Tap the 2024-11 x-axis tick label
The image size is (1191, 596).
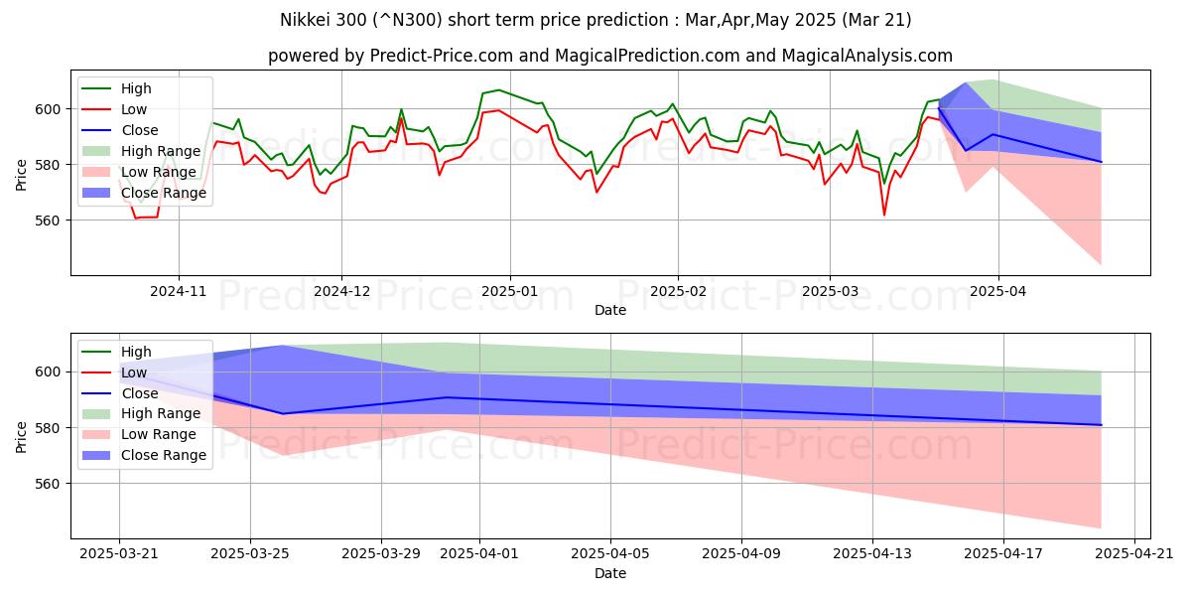click(x=179, y=291)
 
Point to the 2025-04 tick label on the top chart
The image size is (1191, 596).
click(x=997, y=291)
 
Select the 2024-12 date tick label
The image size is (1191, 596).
click(x=341, y=291)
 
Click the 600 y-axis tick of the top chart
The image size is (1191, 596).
click(x=50, y=108)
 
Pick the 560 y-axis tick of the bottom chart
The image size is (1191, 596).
click(x=50, y=484)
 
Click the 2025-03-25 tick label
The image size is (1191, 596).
click(x=250, y=554)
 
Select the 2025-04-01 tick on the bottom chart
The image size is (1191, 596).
click(x=479, y=554)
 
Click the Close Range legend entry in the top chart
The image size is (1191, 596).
click(x=164, y=193)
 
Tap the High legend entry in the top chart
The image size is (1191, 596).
click(x=136, y=88)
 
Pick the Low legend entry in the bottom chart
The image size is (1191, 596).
click(x=134, y=372)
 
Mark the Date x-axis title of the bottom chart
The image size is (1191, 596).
click(x=610, y=574)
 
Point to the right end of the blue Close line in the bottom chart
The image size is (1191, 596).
click(x=1101, y=425)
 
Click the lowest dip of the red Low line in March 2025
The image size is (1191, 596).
click(x=884, y=215)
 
